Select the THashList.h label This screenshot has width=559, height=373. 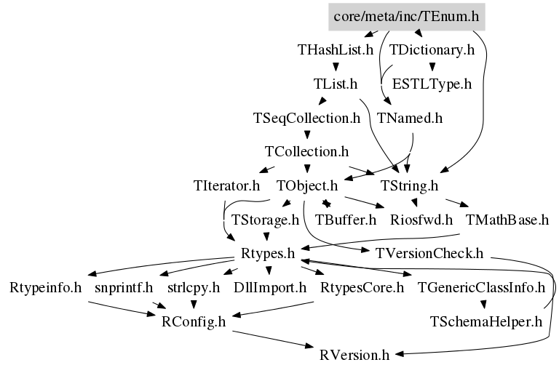click(x=336, y=50)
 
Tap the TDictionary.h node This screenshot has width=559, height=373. click(x=432, y=50)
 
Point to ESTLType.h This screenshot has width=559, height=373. click(x=432, y=84)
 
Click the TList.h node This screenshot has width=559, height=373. click(x=335, y=84)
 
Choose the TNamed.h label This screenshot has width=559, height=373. click(x=410, y=117)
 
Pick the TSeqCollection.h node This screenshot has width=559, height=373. click(x=306, y=117)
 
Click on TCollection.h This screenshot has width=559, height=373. click(x=306, y=152)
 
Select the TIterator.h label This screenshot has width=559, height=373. click(x=227, y=186)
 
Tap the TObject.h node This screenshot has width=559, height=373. click(x=308, y=186)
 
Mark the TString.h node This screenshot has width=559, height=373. click(x=410, y=186)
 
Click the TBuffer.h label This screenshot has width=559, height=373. click(x=345, y=219)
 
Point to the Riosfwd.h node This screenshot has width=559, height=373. click(x=421, y=219)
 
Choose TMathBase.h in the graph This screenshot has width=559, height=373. click(x=507, y=219)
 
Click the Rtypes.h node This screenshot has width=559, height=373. click(x=266, y=254)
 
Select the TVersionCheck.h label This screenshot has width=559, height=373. click(x=429, y=254)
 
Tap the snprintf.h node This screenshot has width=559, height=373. click(x=124, y=287)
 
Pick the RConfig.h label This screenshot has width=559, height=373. click(x=194, y=321)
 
